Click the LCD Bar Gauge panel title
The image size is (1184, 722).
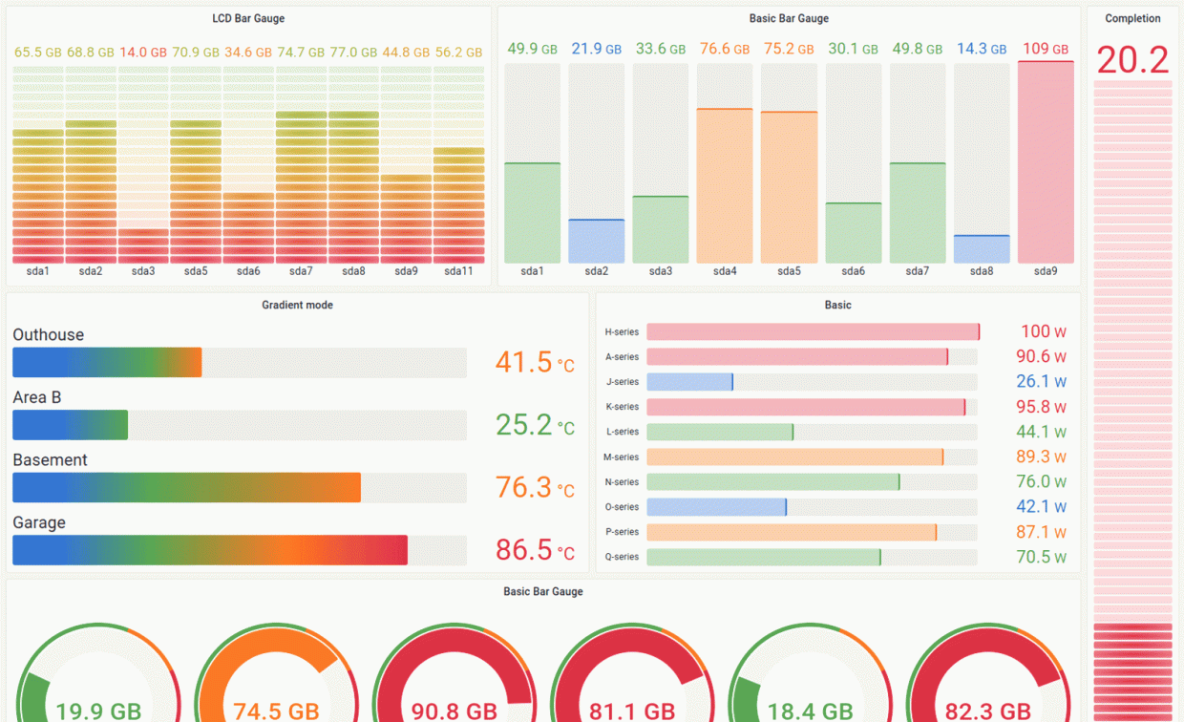pos(248,18)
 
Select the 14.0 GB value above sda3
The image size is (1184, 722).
pos(143,53)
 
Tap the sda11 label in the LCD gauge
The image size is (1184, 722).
pos(458,271)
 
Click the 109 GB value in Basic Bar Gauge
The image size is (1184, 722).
pos(1046,49)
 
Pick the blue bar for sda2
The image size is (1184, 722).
pos(597,242)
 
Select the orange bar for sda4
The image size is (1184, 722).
pos(725,186)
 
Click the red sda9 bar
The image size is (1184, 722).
pos(1046,162)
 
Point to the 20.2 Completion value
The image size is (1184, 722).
pos(1132,60)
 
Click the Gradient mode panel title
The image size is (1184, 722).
pos(297,305)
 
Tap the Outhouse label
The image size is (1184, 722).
pos(49,335)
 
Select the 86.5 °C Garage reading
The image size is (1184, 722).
pos(535,550)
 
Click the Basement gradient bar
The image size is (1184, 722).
pos(186,487)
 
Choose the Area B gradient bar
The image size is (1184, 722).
pos(70,425)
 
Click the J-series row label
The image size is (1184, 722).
pos(623,382)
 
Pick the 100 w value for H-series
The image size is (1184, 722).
pos(1043,331)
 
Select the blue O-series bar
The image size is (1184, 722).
pos(716,507)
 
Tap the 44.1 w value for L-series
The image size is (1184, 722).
pos(1041,432)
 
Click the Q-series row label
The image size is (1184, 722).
pos(622,557)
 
